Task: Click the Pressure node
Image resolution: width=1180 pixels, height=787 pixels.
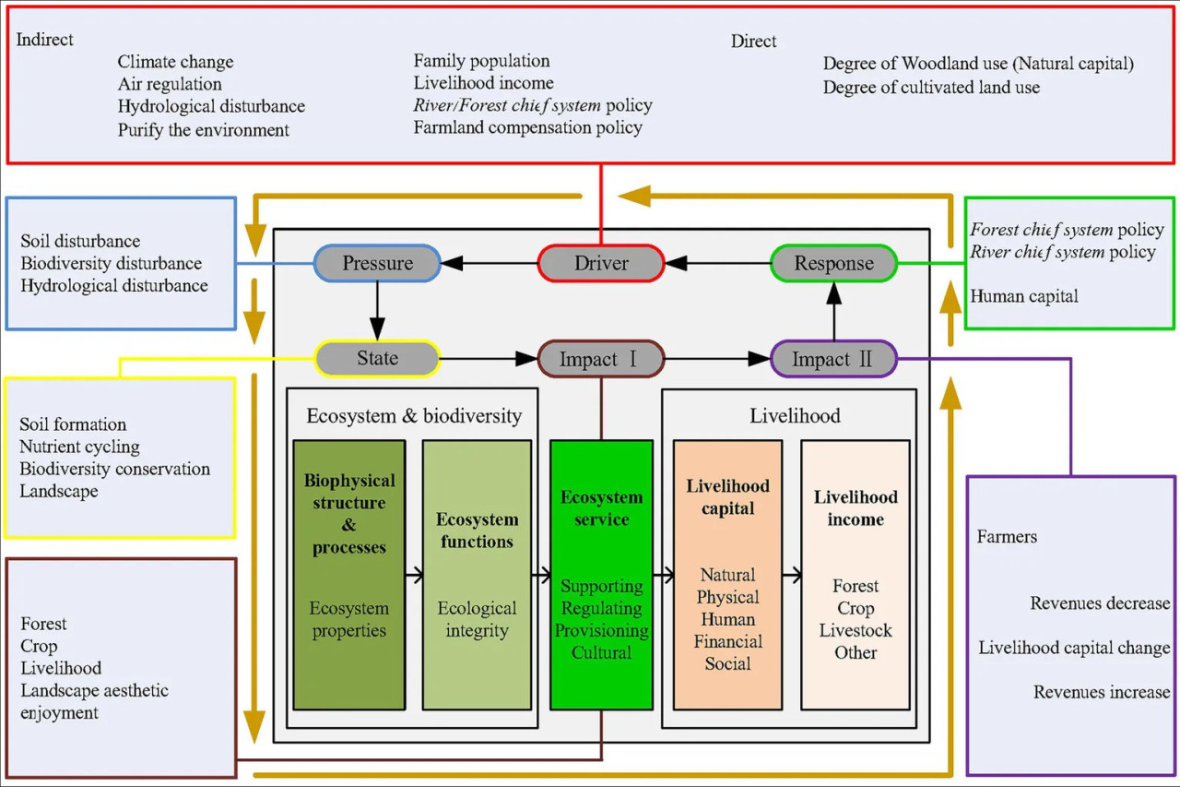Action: pos(377,263)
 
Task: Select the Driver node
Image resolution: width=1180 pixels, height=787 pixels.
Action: pos(601,263)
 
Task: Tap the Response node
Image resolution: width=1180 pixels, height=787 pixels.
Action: pos(834,263)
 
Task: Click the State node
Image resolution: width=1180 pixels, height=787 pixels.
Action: pos(377,359)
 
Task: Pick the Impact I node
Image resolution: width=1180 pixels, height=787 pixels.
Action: pos(601,359)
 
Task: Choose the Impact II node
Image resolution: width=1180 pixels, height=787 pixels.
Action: pos(834,359)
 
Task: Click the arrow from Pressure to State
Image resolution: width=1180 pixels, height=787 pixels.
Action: pos(377,311)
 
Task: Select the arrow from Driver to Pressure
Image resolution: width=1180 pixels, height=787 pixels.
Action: pos(490,263)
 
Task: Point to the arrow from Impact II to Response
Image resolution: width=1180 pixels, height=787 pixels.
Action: pos(834,311)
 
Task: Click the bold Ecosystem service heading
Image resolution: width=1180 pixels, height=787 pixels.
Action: pos(602,508)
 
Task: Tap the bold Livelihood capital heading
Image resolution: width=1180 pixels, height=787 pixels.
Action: pos(727,497)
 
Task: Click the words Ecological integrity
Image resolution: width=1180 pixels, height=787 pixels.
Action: pos(477,619)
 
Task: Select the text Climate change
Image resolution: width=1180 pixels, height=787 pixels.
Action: pos(175,62)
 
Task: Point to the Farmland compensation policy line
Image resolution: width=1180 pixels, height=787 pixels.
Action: pos(528,127)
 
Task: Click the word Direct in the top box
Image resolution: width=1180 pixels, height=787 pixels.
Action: pos(753,42)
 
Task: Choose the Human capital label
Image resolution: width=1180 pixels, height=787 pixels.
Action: pos(1024,296)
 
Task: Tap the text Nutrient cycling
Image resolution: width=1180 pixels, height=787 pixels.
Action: pos(79,447)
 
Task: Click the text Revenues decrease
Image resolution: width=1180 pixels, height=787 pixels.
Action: pos(1100,603)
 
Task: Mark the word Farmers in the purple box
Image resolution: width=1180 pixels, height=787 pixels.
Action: pos(1007,537)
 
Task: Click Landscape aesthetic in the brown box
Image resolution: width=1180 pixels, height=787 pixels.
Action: pos(95,690)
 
